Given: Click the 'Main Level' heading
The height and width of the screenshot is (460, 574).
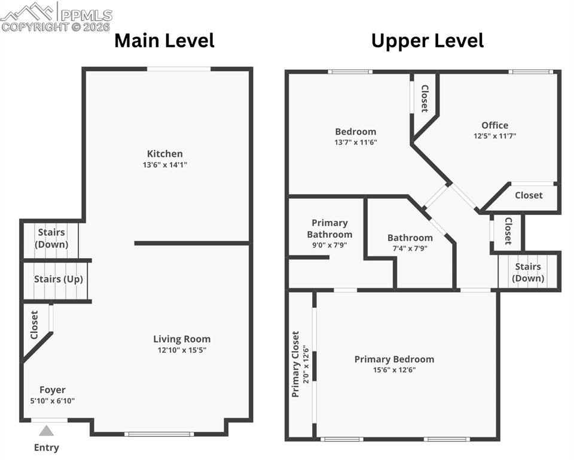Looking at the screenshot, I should tap(164, 41).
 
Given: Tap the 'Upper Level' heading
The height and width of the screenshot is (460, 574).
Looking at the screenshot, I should tap(427, 41).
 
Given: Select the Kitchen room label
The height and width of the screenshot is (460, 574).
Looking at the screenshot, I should tap(165, 154).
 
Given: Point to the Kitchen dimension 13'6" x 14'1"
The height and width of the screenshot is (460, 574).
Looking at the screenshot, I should tap(165, 165).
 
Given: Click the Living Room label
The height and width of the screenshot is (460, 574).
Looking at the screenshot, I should tap(182, 339).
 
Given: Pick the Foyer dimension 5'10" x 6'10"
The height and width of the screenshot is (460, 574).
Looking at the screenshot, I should tap(53, 401).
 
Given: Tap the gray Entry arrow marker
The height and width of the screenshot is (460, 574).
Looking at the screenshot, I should tap(47, 430).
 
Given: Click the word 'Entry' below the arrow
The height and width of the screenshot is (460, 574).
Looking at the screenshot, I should tap(47, 447).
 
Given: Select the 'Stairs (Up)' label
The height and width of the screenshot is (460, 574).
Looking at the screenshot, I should tap(58, 279).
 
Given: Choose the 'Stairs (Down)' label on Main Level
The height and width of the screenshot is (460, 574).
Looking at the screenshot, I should tap(51, 238).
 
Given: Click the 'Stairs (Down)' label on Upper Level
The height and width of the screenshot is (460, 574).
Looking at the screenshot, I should tap(528, 272).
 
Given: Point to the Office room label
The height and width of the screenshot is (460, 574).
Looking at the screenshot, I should tap(494, 125).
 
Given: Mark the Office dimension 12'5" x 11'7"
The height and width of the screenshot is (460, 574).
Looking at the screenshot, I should tap(494, 136).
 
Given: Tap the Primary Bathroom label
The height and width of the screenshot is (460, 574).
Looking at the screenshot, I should tap(329, 228).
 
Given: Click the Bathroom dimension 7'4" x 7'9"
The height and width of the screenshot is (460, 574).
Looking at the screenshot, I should tap(410, 248).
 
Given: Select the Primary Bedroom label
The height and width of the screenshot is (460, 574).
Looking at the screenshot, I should tap(394, 359).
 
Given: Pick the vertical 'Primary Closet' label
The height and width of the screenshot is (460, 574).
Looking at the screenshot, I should tap(295, 364).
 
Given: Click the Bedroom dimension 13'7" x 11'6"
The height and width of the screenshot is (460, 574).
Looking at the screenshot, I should tap(356, 143).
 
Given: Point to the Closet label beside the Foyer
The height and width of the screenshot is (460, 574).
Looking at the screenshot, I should tap(34, 325).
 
